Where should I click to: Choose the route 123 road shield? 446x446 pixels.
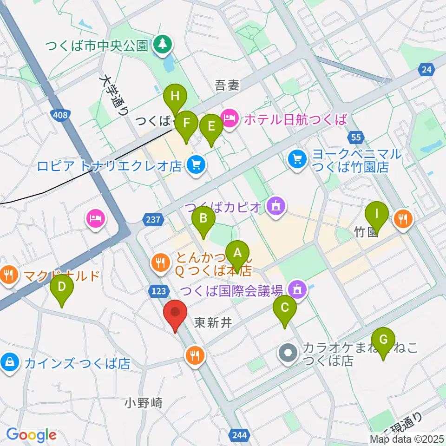pos(158,290)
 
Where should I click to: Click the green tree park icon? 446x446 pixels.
pos(163,45)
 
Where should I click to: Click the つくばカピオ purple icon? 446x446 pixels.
pos(276,206)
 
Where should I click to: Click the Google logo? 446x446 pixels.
pos(31,435)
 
